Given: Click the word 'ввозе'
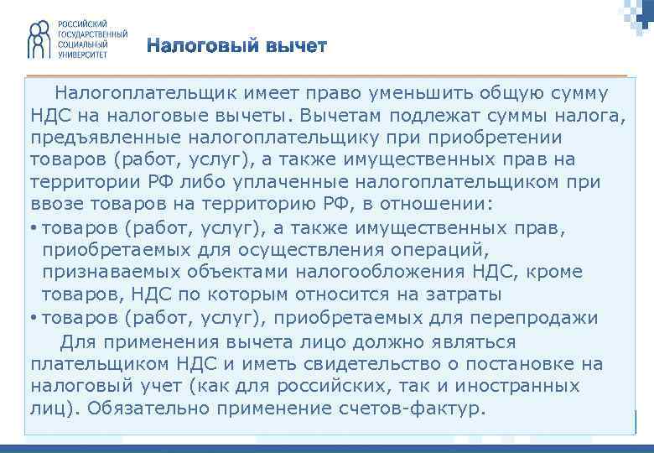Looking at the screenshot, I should (54, 205).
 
